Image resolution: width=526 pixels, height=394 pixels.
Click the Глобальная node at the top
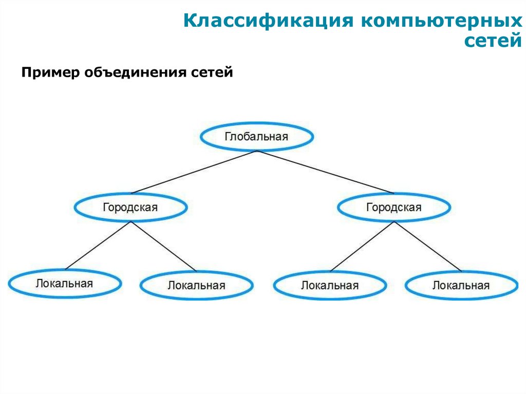[256, 137]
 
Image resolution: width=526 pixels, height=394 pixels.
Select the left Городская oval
[130, 208]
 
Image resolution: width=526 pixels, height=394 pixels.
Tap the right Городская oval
[393, 208]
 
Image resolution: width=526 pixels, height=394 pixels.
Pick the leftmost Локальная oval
[65, 283]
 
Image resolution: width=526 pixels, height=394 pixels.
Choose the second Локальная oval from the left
[196, 285]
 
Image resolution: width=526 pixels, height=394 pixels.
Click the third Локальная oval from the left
[329, 285]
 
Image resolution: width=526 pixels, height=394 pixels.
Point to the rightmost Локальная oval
[461, 285]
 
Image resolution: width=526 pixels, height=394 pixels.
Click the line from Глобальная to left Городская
[194, 172]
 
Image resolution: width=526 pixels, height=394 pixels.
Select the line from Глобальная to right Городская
[325, 172]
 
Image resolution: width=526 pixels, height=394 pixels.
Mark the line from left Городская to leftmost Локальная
[98, 246]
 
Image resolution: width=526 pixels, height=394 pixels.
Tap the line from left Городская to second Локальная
[163, 246]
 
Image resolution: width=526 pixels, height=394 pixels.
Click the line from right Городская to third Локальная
[362, 246]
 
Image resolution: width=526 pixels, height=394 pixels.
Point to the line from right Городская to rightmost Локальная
[427, 246]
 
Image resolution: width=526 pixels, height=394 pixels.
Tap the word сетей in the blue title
[493, 41]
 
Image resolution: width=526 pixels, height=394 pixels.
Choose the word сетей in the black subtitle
[212, 73]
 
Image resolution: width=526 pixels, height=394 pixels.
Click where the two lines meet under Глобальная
[257, 151]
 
